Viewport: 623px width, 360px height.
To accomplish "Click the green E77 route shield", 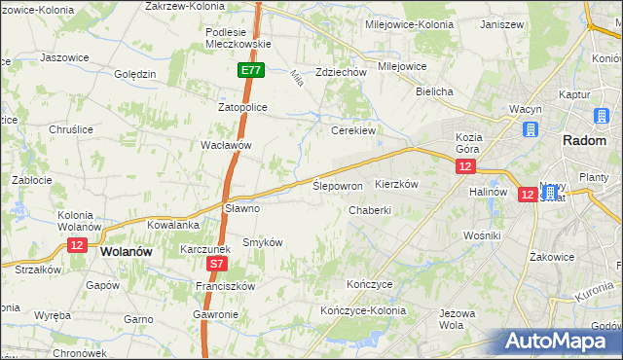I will pos(250,70).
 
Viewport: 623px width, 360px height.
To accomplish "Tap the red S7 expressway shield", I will pos(218,264).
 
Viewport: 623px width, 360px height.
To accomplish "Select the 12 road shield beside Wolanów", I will pos(77,245).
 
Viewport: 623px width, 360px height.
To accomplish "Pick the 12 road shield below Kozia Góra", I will pos(465,167).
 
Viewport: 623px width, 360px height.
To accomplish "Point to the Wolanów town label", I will pos(126,251).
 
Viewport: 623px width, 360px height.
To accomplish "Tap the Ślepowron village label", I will pos(338,185).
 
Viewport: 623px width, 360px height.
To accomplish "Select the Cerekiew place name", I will pos(353,130).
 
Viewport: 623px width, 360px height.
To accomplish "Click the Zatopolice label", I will pos(242,107).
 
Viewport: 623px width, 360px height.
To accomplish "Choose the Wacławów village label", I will pos(226,144).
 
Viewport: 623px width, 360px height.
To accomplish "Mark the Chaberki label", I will pos(370,209).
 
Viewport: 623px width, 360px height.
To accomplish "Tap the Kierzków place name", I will pos(396,184).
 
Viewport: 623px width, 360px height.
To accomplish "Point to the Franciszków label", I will pos(224,286).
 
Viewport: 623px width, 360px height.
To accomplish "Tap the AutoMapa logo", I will pos(562,342).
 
